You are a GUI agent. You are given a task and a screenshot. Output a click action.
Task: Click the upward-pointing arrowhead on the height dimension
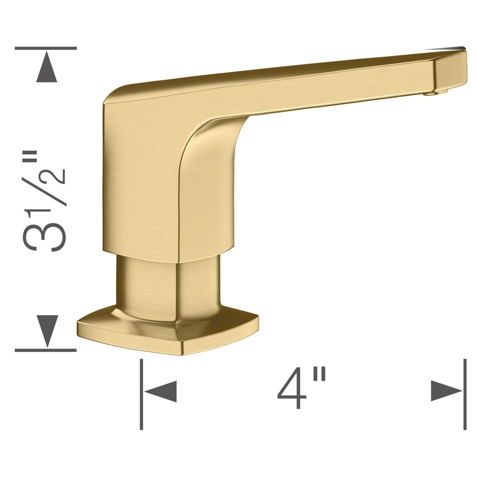tap(47, 68)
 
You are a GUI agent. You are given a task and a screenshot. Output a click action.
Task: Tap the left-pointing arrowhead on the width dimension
tap(161, 392)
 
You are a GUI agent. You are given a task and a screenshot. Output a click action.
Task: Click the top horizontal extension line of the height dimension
tap(46, 48)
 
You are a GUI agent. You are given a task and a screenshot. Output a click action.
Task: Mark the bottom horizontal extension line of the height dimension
tap(46, 350)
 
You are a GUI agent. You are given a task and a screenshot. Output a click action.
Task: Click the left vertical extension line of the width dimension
tap(142, 394)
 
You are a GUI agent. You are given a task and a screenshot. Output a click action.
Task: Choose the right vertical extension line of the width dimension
tap(465, 394)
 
